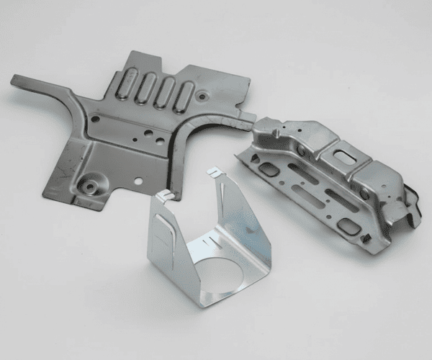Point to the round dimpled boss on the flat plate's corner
click(x=90, y=185)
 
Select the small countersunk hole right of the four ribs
click(x=204, y=94)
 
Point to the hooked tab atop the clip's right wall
click(x=215, y=173)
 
